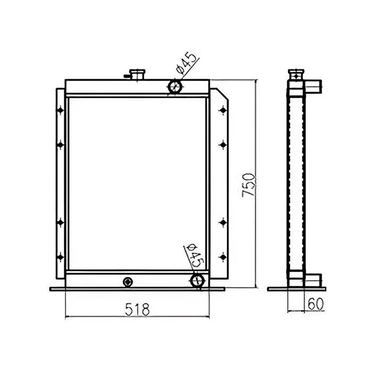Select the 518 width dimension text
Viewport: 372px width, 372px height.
(x=137, y=307)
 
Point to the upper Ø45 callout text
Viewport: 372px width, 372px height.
(x=187, y=63)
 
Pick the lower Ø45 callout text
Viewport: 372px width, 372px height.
(x=196, y=255)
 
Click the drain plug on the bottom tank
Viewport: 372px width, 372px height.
(x=128, y=281)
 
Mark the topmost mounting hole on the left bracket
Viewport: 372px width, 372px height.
(x=60, y=110)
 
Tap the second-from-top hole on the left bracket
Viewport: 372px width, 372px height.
(x=60, y=143)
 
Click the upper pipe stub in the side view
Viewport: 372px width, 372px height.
(x=313, y=84)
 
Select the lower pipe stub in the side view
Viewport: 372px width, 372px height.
(x=313, y=278)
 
